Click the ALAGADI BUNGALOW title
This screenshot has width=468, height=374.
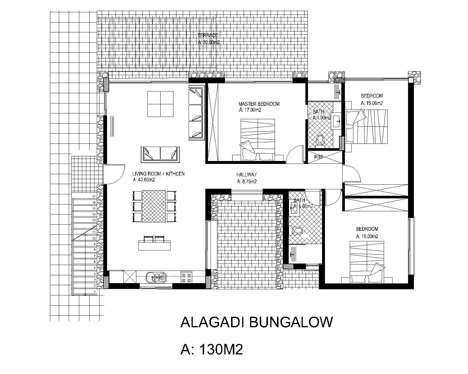pyautogui.click(x=257, y=322)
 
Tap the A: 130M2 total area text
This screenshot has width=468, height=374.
pyautogui.click(x=212, y=349)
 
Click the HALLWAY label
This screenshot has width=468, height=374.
pyautogui.click(x=247, y=175)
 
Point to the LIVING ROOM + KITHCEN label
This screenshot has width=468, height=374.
pyautogui.click(x=159, y=174)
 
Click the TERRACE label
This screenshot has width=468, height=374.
pyautogui.click(x=208, y=36)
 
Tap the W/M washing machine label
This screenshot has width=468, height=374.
pyautogui.click(x=318, y=157)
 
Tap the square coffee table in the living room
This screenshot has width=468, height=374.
pyautogui.click(x=160, y=104)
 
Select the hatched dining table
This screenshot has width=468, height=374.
pyautogui.click(x=154, y=206)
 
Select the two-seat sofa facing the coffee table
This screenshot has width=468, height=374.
pyautogui.click(x=160, y=154)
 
